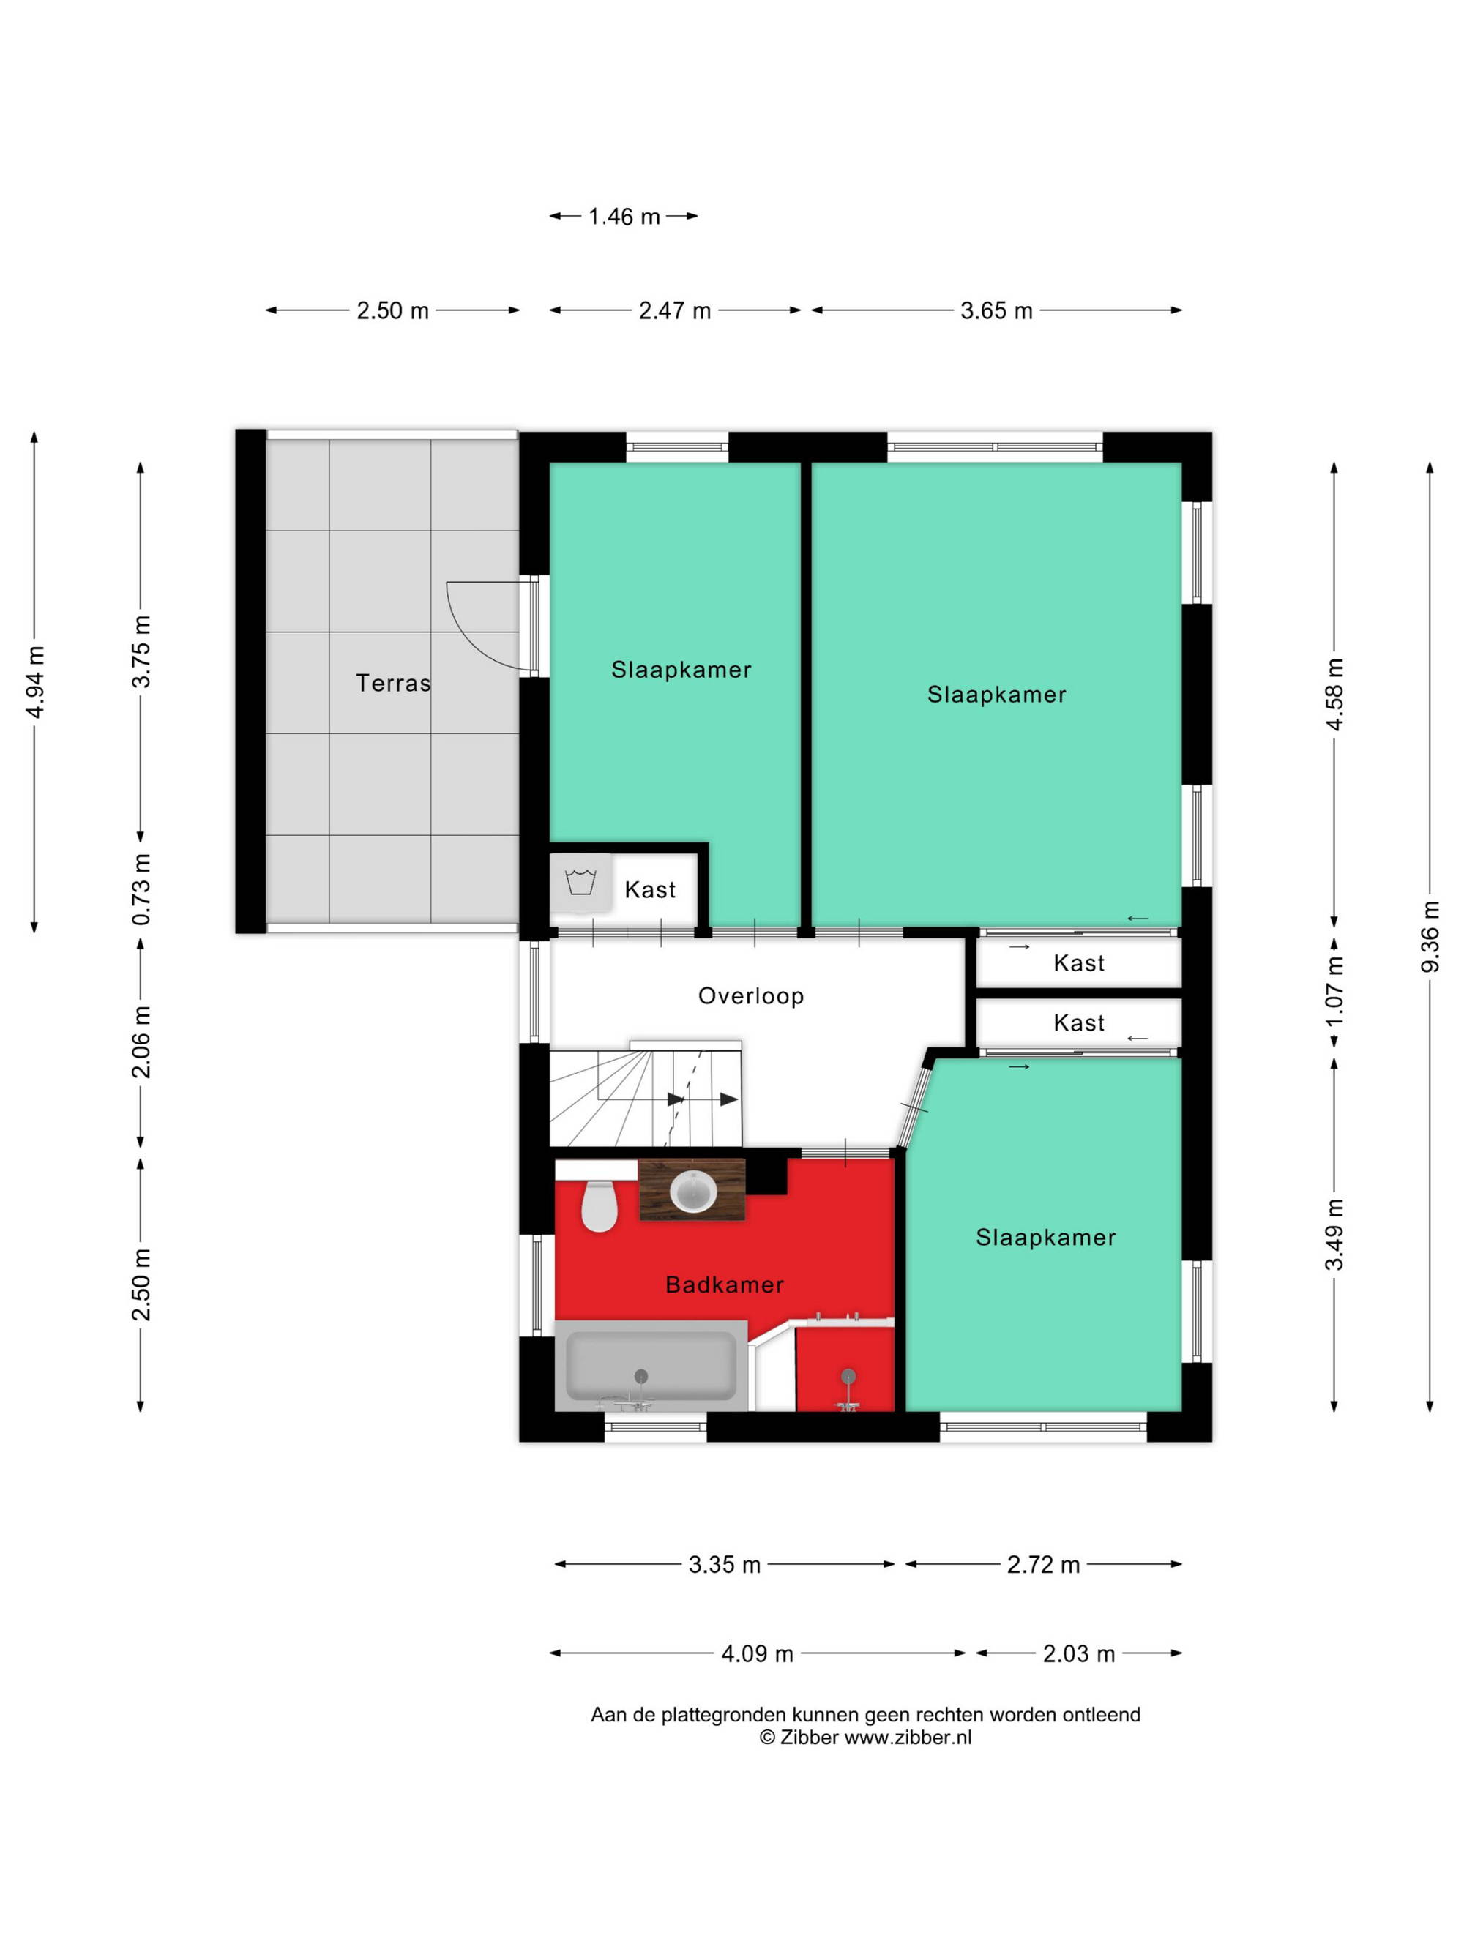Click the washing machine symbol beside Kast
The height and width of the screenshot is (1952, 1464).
coord(580,881)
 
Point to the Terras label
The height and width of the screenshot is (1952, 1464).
coord(392,683)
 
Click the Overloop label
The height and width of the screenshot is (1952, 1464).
coord(751,996)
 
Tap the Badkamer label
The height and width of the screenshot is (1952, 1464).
coord(725,1284)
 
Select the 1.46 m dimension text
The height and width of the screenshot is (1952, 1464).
coord(624,216)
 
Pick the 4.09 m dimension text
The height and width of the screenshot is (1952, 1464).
coord(757,1653)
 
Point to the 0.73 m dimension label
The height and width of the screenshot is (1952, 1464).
coord(141,889)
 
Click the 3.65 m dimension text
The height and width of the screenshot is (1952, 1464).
coord(996,310)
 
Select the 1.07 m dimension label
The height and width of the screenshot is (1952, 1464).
coord(1334,992)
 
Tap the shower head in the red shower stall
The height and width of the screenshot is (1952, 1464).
coord(848,1376)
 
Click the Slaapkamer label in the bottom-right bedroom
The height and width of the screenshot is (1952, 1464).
coord(1046,1237)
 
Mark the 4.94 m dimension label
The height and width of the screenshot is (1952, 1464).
coord(35,682)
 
